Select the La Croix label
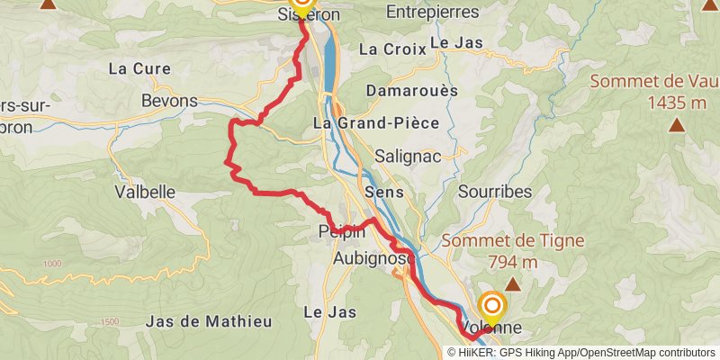pos(391,49)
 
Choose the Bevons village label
pos(169,101)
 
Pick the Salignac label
pos(408,156)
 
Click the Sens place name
pos(384,193)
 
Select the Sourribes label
pos(495,192)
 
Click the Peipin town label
pos(341,232)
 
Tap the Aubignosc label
pos(373,258)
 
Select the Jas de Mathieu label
pos(195,321)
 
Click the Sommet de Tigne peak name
pos(514,241)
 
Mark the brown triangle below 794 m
pos(513,284)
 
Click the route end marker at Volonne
pos(491,304)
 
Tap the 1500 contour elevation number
pos(110,322)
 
